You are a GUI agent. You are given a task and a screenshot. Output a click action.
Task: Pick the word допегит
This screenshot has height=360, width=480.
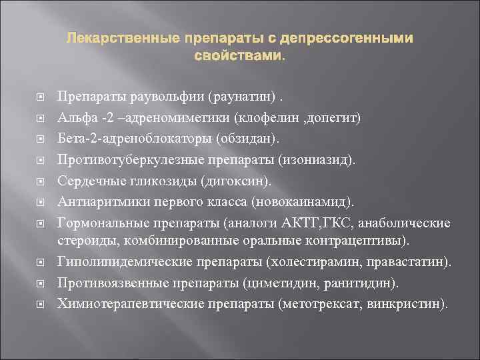337,119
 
